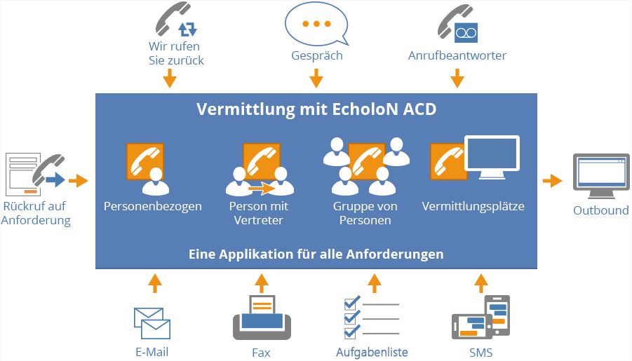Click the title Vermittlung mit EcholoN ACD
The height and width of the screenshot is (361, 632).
coord(316,110)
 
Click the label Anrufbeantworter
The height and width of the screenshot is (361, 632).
coord(457,55)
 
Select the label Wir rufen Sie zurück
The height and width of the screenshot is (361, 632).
coord(176,54)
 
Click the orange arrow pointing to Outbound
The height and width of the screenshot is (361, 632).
coord(553,181)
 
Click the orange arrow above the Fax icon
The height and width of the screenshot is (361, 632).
coord(262,283)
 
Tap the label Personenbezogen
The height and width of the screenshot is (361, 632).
coord(152,207)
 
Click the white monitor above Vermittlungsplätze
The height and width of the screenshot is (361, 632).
coord(491,158)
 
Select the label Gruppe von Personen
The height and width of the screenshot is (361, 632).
coord(365,213)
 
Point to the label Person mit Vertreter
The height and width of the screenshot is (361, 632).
coord(259,213)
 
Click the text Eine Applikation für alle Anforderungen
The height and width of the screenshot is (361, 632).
coord(316,254)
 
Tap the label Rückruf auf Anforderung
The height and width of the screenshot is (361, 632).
coord(36,213)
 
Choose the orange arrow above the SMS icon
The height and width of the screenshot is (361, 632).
coord(480,283)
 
